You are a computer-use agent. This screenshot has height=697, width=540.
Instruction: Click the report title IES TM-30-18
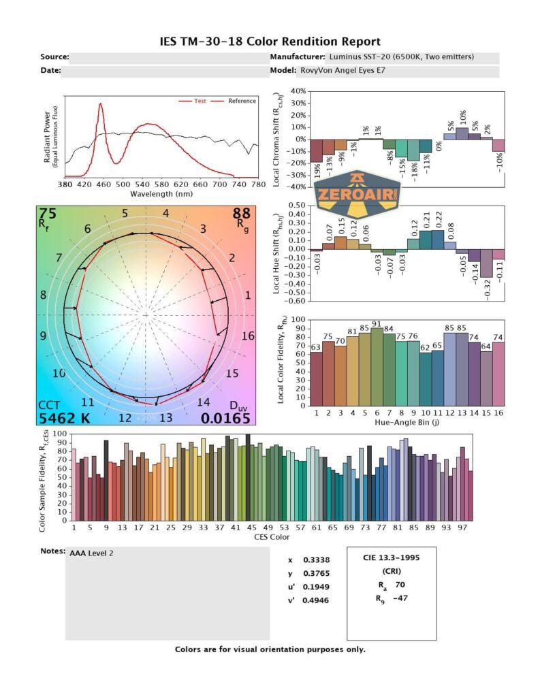click(x=270, y=42)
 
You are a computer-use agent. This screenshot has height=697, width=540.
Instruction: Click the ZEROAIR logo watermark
click(x=358, y=194)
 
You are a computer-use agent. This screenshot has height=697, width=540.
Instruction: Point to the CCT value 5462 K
click(x=64, y=419)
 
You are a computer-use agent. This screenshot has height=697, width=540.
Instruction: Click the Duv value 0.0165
click(x=230, y=419)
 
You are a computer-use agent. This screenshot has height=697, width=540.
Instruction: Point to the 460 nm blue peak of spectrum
click(x=101, y=106)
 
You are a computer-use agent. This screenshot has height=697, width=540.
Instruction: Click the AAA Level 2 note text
click(x=91, y=553)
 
